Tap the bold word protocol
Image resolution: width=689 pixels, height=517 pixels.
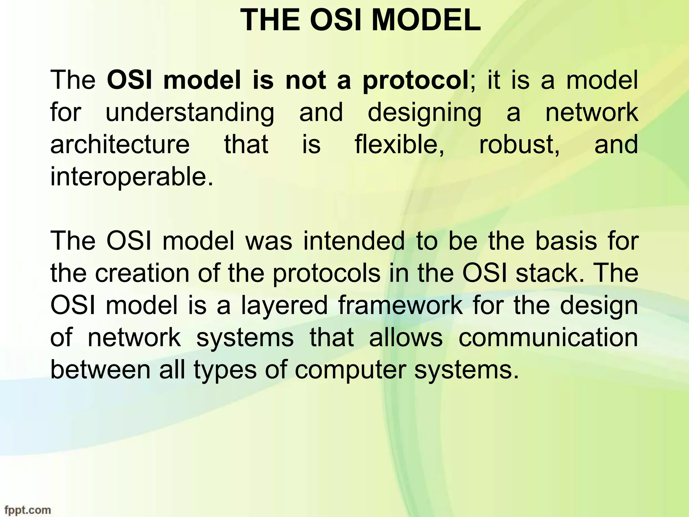pyautogui.click(x=415, y=81)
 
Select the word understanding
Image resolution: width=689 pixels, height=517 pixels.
pyautogui.click(x=190, y=113)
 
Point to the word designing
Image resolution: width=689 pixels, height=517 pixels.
pyautogui.click(x=425, y=113)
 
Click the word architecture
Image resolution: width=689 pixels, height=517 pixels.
pyautogui.click(x=120, y=144)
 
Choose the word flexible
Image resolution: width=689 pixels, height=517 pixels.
pyautogui.click(x=399, y=144)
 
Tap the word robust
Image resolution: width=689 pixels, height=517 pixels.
pyautogui.click(x=519, y=144)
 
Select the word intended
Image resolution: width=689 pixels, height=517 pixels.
pyautogui.click(x=354, y=241)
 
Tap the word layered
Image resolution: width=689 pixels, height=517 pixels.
pyautogui.click(x=284, y=305)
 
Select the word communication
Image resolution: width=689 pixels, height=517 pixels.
pyautogui.click(x=548, y=338)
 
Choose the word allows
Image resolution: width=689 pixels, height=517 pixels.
pyautogui.click(x=406, y=338)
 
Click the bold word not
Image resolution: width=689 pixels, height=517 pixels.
pyautogui.click(x=305, y=81)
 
